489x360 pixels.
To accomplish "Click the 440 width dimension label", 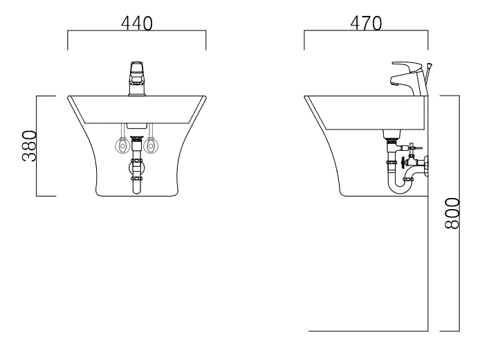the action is (137, 24).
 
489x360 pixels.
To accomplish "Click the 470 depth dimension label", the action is (366, 24).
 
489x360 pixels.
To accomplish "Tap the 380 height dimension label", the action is (30, 146).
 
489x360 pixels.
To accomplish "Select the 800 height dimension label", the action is (452, 213).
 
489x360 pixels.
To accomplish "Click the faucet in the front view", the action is (137, 79).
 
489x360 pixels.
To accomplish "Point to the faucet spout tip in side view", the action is (394, 84).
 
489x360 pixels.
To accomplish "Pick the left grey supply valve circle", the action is (123, 145).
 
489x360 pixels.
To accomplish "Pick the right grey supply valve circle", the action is (151, 145).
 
